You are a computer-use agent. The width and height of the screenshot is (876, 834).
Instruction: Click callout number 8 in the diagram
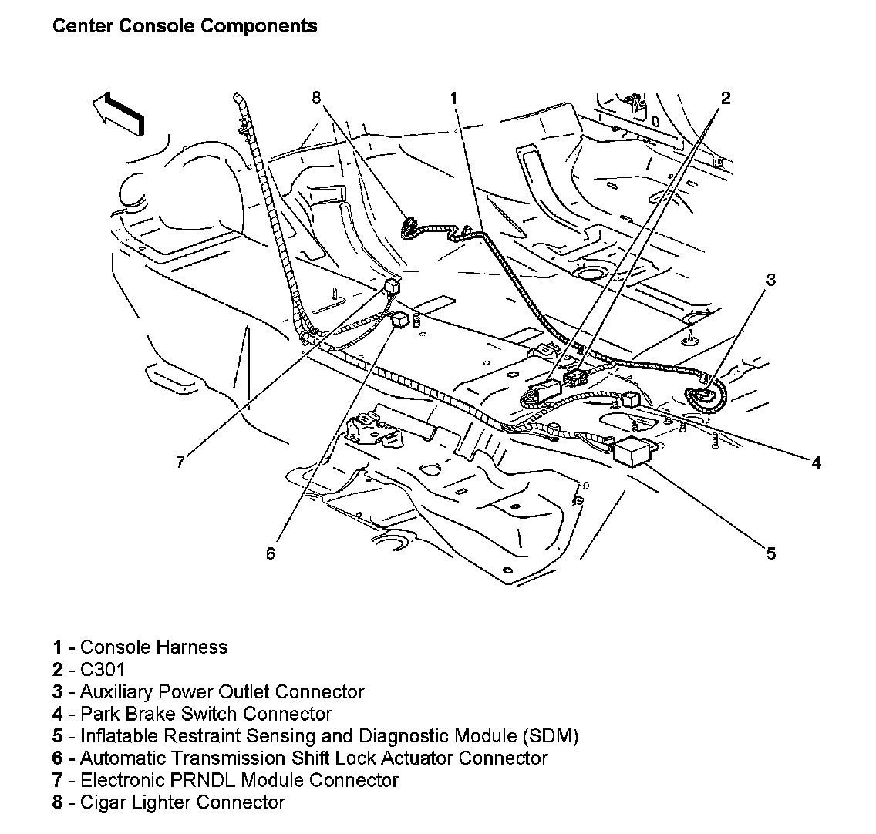coord(316,97)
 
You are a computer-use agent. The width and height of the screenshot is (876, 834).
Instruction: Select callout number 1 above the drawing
coord(454,98)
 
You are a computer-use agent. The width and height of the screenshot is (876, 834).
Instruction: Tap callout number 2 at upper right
coord(726,98)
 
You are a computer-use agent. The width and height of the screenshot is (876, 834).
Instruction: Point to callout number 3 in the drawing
coord(770,280)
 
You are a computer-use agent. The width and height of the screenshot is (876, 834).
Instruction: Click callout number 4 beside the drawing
coord(816,462)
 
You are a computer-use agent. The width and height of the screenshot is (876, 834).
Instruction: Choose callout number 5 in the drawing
coord(770,553)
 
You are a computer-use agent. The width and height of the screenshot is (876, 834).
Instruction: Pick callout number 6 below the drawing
coord(271,553)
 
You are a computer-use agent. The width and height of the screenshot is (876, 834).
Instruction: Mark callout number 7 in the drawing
coord(180,462)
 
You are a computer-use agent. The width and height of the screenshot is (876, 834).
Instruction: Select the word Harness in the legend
coord(193,647)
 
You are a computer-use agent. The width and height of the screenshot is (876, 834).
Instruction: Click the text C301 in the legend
coord(102,669)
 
